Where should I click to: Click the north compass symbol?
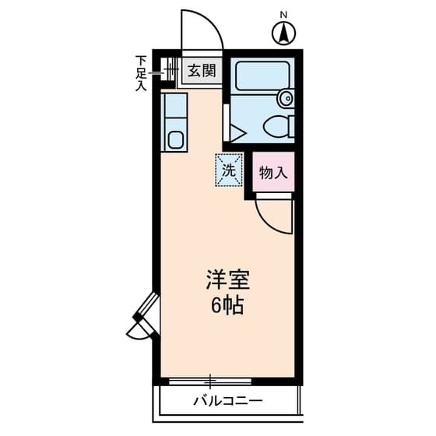coord(284,33)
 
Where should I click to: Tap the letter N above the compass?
coord(284,14)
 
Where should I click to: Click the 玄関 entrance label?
coord(201,72)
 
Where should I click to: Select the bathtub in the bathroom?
coord(262,76)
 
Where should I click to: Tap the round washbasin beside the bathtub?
coord(286,98)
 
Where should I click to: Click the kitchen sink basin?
coord(175,141)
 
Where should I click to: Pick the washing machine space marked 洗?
coord(229,169)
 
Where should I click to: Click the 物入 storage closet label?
coord(273,173)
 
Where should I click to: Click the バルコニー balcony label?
coord(227,402)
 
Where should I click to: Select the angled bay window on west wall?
coord(145,318)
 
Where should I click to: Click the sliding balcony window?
coord(210,381)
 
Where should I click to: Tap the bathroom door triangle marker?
coord(237,133)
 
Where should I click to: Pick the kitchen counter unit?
coord(175,121)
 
